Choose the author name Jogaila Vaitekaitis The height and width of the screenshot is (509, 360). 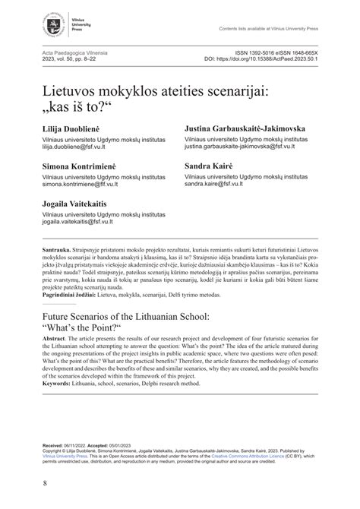(74, 205)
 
